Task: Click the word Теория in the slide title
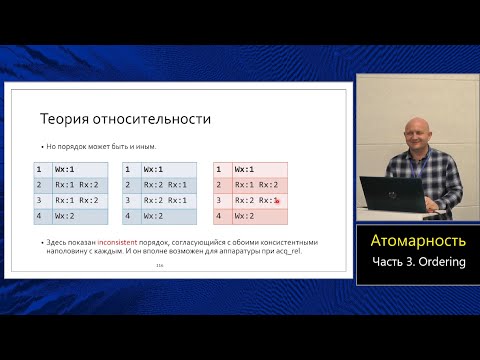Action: (68, 119)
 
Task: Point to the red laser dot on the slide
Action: (276, 202)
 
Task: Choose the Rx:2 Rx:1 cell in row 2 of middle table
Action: (165, 185)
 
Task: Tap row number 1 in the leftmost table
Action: (38, 170)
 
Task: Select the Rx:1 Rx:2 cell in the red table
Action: (256, 185)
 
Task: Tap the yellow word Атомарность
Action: (418, 241)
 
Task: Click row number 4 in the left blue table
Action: (38, 215)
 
